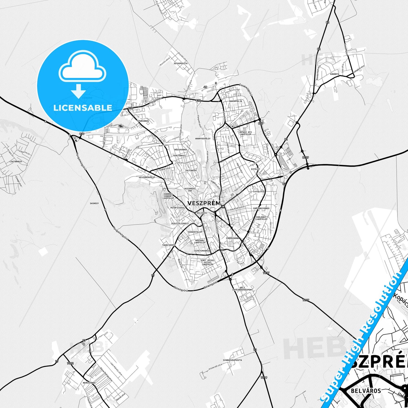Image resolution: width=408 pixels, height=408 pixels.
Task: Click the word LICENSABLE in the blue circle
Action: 83,108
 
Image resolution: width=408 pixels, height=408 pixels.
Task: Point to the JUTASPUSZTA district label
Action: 180,64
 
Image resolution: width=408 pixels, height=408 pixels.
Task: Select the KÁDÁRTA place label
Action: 335,74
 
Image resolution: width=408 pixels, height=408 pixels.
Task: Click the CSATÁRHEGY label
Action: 16,162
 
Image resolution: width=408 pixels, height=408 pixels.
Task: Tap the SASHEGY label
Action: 94,203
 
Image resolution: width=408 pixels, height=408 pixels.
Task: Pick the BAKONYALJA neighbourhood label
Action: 236,101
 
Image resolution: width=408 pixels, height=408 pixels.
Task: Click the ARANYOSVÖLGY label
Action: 203,139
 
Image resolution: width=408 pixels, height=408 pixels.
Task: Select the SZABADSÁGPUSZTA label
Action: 232,360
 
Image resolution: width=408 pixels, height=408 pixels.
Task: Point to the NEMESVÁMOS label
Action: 89,383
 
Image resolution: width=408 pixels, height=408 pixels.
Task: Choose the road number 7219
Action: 264,377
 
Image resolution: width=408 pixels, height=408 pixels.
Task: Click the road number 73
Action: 255,350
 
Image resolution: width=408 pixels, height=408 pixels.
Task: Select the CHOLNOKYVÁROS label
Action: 261,208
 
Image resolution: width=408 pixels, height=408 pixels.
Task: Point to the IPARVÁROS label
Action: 143,121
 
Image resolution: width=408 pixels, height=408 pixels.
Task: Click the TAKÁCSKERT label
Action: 169,245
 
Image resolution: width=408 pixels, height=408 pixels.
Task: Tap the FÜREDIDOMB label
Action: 232,238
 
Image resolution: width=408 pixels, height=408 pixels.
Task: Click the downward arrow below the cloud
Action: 78,91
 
